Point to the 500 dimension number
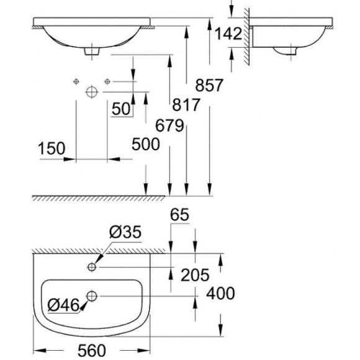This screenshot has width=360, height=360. [x=146, y=145]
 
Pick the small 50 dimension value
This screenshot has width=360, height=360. [x=122, y=109]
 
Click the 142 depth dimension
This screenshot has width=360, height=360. [x=226, y=35]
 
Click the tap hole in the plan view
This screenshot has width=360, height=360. [x=92, y=267]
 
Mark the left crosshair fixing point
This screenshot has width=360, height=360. [x=76, y=81]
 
